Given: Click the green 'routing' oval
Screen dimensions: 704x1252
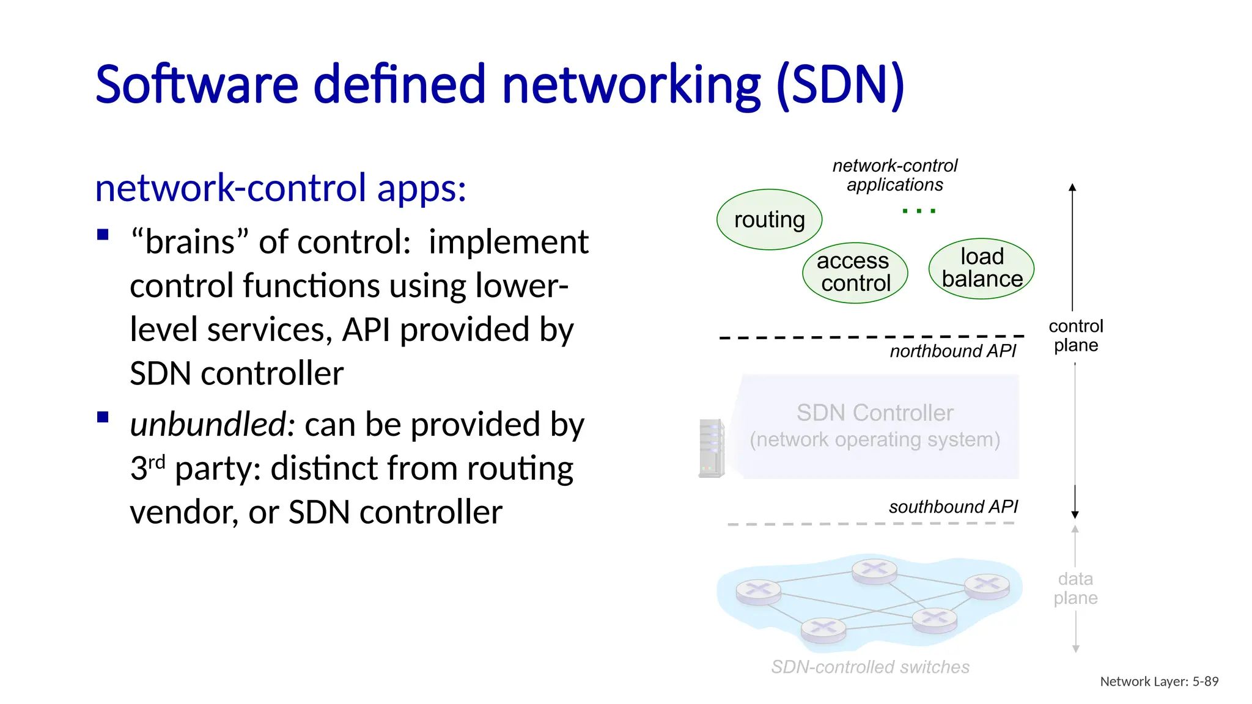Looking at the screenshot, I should pos(769,219).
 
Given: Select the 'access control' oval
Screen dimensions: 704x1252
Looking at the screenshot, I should pos(855,273).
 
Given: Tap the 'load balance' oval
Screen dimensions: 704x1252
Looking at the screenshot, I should pos(981,268).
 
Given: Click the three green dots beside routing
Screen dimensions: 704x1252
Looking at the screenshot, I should pos(918,211).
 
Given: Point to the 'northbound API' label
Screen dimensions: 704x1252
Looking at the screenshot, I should pos(952,351).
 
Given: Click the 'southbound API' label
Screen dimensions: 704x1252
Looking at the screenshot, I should pos(952,507).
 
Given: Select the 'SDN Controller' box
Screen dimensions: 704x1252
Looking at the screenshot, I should pos(875,426).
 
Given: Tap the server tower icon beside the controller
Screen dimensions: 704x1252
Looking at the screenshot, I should pos(712,448).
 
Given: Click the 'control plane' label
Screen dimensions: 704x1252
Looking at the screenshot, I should pos(1075,335).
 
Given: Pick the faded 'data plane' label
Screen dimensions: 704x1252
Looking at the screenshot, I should pos(1075,588).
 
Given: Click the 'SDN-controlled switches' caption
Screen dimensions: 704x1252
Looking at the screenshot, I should pos(870,667).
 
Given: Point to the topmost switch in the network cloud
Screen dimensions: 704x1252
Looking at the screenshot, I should pos(874,571).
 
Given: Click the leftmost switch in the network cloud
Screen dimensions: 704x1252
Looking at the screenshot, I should pos(758,591).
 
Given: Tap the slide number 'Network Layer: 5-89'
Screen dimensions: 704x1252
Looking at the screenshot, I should pos(1158,681).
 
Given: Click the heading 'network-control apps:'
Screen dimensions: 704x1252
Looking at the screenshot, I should pos(281,188).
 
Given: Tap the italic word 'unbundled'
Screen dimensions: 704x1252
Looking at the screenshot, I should pos(208,424).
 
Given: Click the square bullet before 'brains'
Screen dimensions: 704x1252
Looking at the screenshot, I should pos(103,235).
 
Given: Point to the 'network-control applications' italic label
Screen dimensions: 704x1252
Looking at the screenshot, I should pos(894,175).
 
